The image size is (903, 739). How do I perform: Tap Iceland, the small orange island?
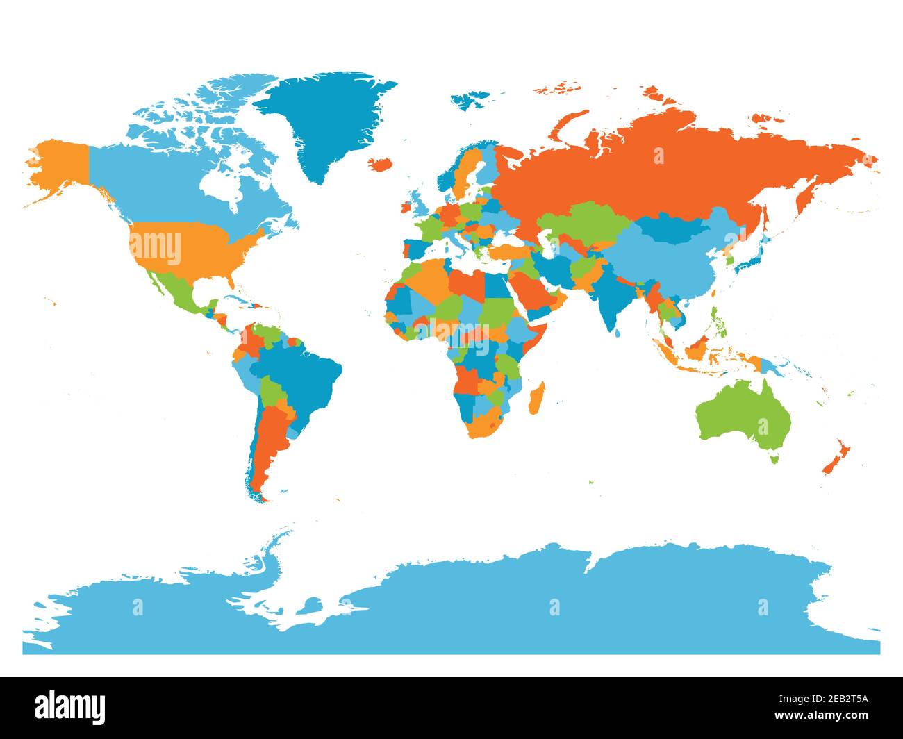[379, 165]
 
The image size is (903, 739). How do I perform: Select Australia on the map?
[743, 417]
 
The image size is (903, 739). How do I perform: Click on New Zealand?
[834, 458]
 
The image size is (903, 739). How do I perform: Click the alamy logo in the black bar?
[70, 707]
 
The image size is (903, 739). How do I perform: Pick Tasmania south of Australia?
[774, 458]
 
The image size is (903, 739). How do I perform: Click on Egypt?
[497, 285]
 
